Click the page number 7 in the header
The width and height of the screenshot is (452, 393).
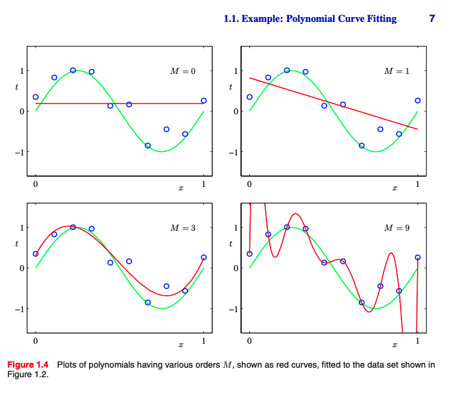pyautogui.click(x=431, y=18)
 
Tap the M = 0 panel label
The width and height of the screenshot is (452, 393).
pyautogui.click(x=183, y=71)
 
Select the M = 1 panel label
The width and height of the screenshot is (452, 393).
pyautogui.click(x=397, y=71)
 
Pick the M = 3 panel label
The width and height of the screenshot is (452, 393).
pyautogui.click(x=183, y=227)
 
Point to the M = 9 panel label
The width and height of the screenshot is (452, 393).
pyautogui.click(x=397, y=227)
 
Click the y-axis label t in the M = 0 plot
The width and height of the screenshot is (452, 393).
pyautogui.click(x=16, y=87)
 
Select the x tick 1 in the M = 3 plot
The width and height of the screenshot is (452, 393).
pyautogui.click(x=203, y=341)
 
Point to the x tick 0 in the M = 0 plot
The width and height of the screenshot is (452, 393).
pyautogui.click(x=36, y=184)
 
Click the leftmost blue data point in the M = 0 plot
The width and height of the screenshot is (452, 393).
pyautogui.click(x=36, y=97)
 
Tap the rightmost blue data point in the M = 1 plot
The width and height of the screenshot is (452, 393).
pyautogui.click(x=417, y=101)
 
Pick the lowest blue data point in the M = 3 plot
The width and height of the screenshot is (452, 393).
pyautogui.click(x=147, y=302)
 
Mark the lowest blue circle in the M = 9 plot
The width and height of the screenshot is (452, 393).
pyautogui.click(x=362, y=302)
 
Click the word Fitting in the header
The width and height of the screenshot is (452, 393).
pyautogui.click(x=379, y=18)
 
